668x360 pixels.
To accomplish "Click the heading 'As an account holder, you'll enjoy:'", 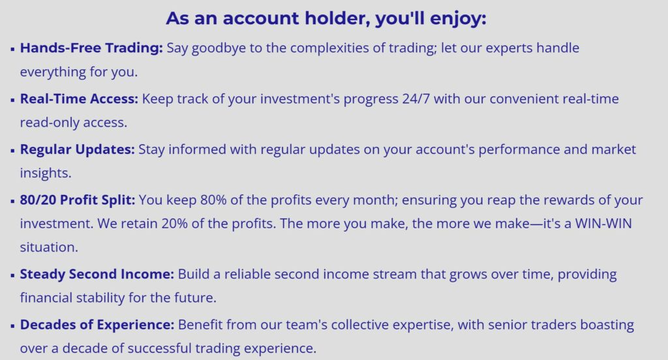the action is (x=326, y=19).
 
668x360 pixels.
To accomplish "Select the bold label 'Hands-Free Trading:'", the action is (x=91, y=48).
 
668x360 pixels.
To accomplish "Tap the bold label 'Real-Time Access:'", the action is (x=79, y=99).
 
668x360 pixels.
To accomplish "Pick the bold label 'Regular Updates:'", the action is (x=77, y=149).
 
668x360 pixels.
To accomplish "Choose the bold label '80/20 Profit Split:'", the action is (x=77, y=200).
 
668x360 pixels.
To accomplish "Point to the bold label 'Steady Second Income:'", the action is (x=97, y=274).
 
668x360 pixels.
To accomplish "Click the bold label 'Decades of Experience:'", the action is (x=97, y=325).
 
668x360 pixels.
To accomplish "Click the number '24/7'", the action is (x=416, y=99).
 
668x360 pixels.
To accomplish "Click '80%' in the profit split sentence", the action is (x=213, y=200).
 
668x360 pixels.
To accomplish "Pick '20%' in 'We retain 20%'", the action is (x=174, y=224).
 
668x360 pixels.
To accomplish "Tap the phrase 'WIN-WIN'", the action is (x=603, y=224).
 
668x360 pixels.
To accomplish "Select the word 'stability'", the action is (x=100, y=298).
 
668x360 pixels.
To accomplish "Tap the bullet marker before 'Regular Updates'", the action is (x=12, y=151).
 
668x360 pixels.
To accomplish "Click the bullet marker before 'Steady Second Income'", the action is (x=12, y=275).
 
